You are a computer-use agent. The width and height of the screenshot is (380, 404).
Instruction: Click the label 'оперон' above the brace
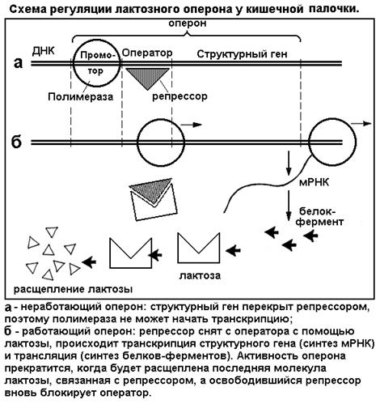[188, 23]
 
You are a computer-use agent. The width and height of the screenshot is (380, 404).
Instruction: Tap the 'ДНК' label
[44, 51]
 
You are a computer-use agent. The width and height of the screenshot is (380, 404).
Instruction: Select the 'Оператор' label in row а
[147, 53]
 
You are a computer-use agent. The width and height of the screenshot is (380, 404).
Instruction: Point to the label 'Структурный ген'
[242, 54]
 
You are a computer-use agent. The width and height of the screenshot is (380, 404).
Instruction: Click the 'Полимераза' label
[81, 96]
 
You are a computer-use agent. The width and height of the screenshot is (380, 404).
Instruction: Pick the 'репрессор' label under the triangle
[179, 96]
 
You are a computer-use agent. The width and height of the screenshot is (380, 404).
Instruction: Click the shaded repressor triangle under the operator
[148, 78]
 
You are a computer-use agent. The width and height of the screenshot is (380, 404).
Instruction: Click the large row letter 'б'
[17, 142]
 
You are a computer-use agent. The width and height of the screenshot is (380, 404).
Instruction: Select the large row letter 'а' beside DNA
[18, 63]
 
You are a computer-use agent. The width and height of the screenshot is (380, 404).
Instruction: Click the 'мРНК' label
[314, 182]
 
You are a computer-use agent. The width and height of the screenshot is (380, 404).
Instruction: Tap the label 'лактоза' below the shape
[200, 275]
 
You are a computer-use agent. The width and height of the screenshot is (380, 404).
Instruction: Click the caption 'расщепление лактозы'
[73, 290]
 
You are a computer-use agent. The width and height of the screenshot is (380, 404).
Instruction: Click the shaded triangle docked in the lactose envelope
[152, 189]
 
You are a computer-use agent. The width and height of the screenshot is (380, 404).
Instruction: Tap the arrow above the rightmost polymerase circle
[361, 123]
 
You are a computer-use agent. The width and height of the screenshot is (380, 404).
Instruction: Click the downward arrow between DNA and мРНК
[289, 163]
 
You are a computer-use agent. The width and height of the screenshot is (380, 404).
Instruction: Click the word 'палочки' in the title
[335, 9]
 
